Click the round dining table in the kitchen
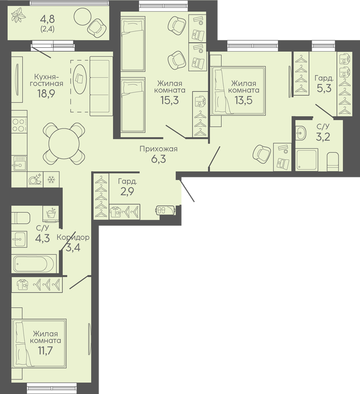coord(64,144)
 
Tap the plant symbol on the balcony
coord(19,15)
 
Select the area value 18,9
coord(46,93)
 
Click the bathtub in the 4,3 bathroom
coord(34,264)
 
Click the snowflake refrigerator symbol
coord(51,180)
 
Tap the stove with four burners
coord(19,125)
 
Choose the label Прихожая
coord(159,149)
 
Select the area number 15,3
coord(170,100)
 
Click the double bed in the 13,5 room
coord(238,91)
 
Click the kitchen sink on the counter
coord(19,163)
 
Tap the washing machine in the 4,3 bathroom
coord(51,214)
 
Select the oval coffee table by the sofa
coord(80,79)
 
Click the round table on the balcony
coord(82,17)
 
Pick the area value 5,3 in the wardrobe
coord(324,88)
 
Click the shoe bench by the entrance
coord(166,210)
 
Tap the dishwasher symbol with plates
coord(35,180)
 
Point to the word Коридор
coord(73,237)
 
